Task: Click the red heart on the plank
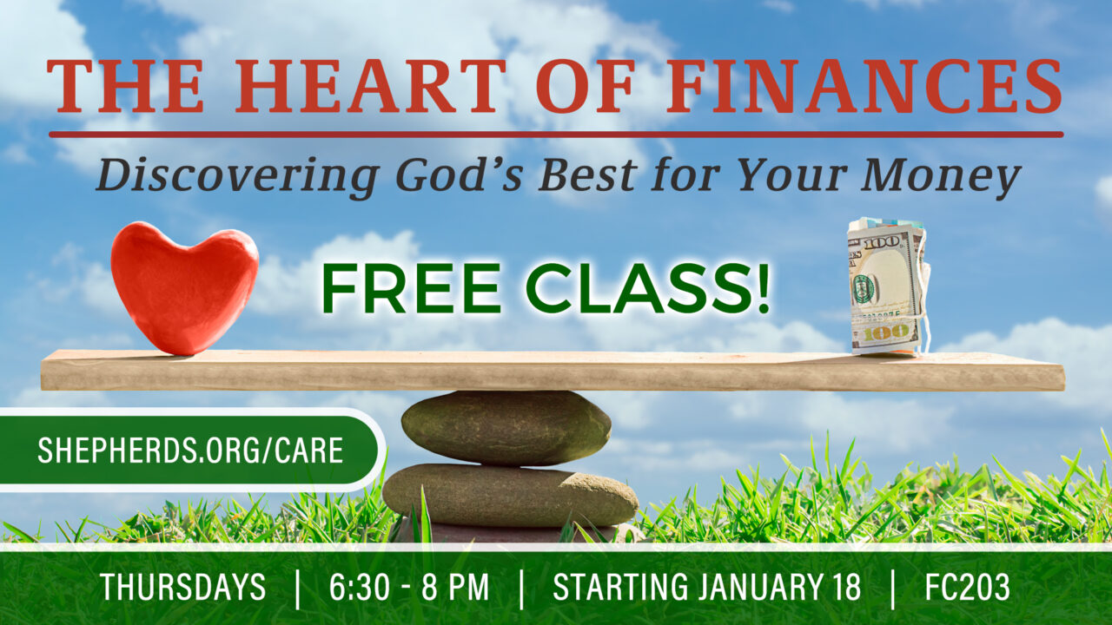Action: click(x=184, y=287)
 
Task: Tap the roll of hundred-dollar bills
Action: click(x=888, y=286)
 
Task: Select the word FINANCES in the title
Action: click(x=864, y=86)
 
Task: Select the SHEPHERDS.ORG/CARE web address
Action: click(x=190, y=451)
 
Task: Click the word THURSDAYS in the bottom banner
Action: click(x=183, y=587)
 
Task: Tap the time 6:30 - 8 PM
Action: click(x=409, y=587)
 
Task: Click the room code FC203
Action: click(x=967, y=587)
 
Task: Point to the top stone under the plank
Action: click(x=506, y=428)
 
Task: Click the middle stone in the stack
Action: click(x=510, y=495)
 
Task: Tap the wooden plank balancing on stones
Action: click(x=553, y=371)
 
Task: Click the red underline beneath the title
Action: click(x=556, y=135)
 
